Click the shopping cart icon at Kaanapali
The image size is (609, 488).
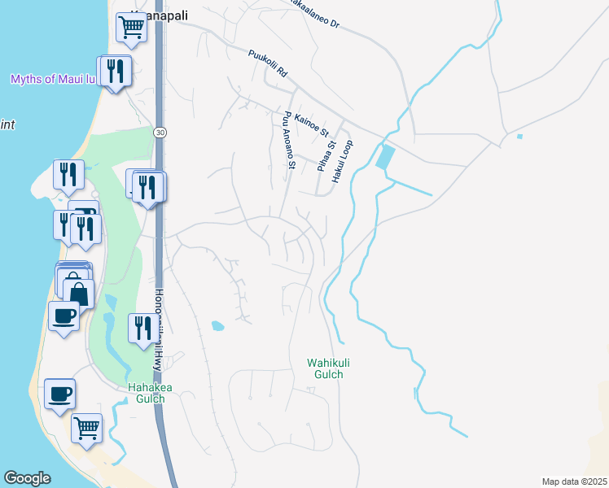(130, 27)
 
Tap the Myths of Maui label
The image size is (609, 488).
(54, 79)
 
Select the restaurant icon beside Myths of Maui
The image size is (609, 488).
(116, 71)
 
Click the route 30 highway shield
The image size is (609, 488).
(159, 132)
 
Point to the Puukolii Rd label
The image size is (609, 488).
(269, 64)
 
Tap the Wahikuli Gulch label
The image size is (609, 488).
(325, 368)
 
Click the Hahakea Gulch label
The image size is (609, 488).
(151, 393)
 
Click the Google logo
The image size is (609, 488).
(27, 478)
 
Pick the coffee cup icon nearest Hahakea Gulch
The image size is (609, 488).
(59, 395)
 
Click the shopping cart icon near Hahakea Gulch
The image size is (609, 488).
(86, 426)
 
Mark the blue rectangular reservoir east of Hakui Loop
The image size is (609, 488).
(385, 156)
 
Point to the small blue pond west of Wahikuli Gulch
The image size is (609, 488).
(217, 326)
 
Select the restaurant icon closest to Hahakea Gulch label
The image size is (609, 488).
(142, 329)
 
